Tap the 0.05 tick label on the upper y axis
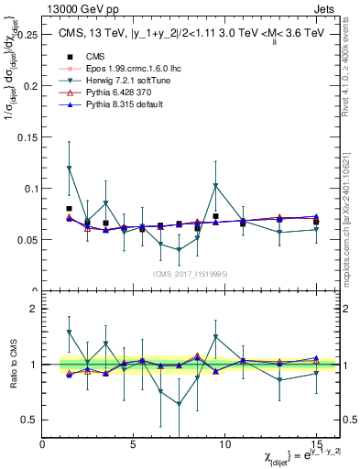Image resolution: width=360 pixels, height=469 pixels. coord(27,240)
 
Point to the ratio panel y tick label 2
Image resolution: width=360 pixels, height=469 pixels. coord(33,310)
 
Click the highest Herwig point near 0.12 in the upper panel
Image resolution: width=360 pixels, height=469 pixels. coord(70,168)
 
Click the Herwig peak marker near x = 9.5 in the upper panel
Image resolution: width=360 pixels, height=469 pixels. coord(215,185)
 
